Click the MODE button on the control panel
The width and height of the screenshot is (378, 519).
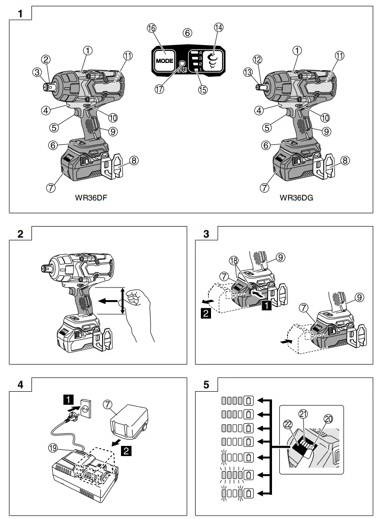(x=164, y=61)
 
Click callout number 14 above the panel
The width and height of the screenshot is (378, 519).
(x=219, y=28)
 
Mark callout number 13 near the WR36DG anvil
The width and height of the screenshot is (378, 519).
(x=248, y=73)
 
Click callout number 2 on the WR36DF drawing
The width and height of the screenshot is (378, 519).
(x=46, y=60)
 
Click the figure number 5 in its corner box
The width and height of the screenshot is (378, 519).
(x=207, y=385)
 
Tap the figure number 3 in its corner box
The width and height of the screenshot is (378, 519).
(x=207, y=234)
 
